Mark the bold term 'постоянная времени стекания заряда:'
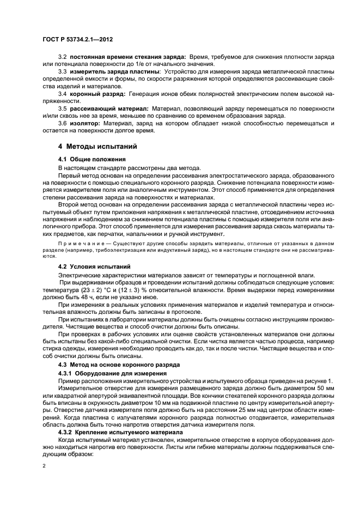coord(128,57)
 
